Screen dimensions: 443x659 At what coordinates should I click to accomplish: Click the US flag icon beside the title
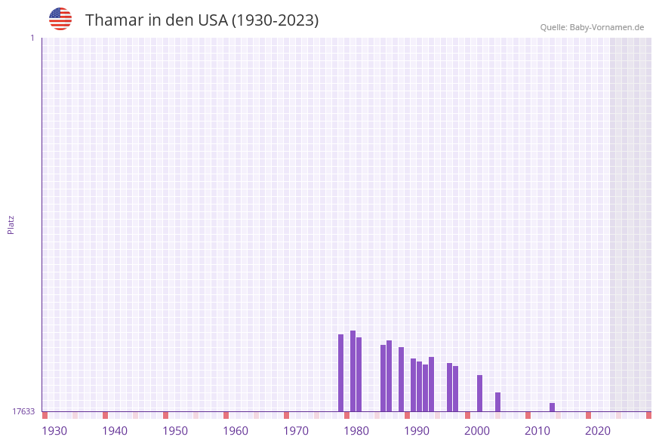[x=60, y=19]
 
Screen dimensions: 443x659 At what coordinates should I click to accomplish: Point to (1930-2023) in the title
[x=275, y=20]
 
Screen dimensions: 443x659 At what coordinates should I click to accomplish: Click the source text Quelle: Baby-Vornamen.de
[x=592, y=27]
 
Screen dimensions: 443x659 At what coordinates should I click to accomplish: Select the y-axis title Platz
[x=11, y=225]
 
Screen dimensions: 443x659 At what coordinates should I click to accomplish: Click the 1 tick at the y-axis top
[x=32, y=38]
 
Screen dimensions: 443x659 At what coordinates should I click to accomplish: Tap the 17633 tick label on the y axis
[x=23, y=411]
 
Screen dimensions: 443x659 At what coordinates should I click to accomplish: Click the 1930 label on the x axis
[x=54, y=431]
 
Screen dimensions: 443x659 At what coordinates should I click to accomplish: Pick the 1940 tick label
[x=115, y=431]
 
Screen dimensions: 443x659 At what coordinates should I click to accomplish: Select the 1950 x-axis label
[x=175, y=431]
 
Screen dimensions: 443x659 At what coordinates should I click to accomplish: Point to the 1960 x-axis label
[x=236, y=431]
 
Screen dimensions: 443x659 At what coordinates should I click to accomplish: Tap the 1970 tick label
[x=296, y=431]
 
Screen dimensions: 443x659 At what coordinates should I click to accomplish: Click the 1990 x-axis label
[x=417, y=431]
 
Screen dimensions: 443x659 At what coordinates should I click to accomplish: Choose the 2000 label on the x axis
[x=477, y=431]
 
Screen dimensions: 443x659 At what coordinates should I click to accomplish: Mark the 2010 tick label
[x=537, y=431]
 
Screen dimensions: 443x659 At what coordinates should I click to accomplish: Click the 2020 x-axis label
[x=598, y=431]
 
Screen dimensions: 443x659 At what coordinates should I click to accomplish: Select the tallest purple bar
[x=353, y=371]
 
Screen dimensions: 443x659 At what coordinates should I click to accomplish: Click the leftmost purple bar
[x=340, y=373]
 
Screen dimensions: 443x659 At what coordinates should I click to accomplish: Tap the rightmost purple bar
[x=552, y=407]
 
